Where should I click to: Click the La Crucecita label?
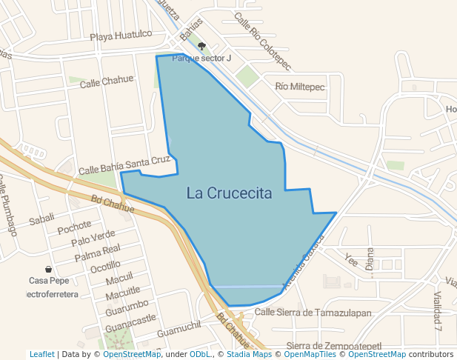tap(229, 193)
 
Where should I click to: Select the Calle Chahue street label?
tap(107, 81)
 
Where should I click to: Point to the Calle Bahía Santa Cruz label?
tap(124, 164)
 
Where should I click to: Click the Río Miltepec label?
tap(300, 87)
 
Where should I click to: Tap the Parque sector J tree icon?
tap(201, 46)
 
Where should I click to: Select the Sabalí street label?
tap(42, 220)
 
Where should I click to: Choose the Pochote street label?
tap(75, 226)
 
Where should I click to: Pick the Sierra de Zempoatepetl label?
tap(333, 346)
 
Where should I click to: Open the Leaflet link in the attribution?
tap(41, 354)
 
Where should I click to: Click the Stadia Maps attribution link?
tap(249, 354)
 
